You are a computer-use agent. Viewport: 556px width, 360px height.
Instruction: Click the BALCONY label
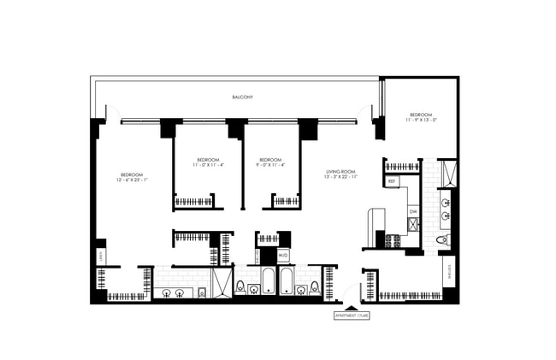(x=241, y=97)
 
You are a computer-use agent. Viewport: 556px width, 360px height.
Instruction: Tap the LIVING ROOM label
(x=340, y=174)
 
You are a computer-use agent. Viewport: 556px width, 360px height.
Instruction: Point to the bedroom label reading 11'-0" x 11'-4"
(x=209, y=162)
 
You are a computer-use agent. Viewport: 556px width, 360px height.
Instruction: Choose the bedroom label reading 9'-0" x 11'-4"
(x=270, y=162)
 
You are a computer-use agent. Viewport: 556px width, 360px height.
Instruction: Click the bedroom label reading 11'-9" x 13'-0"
(x=421, y=117)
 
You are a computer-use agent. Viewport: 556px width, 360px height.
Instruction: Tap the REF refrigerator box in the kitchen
(x=392, y=181)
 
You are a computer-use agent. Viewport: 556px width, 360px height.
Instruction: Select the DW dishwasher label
(x=413, y=210)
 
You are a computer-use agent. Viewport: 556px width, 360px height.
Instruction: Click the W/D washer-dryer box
(x=283, y=254)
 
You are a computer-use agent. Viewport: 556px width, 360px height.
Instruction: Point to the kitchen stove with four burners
(x=393, y=241)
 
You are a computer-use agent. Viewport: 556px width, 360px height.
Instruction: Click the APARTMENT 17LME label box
(x=352, y=316)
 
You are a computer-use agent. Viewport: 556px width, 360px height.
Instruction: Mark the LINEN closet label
(x=101, y=254)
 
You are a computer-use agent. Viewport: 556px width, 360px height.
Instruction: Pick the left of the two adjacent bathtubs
(x=267, y=280)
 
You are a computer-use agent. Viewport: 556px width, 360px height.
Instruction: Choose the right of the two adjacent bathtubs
(x=287, y=280)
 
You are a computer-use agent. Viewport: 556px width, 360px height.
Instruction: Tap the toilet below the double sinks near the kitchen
(x=441, y=240)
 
